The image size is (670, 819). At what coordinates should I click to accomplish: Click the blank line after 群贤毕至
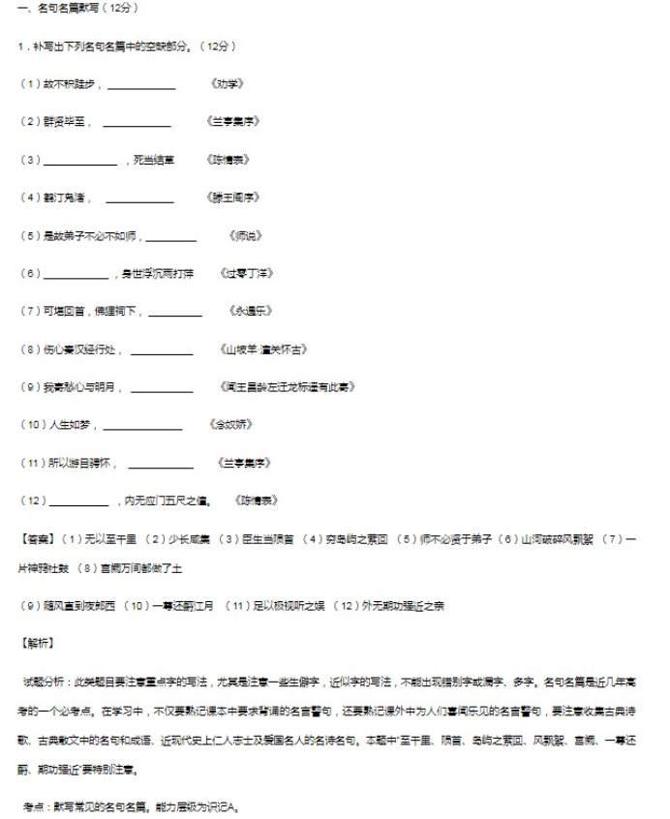point(137,124)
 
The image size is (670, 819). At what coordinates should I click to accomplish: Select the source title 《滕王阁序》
point(233,197)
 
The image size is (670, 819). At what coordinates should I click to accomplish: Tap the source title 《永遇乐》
point(247,311)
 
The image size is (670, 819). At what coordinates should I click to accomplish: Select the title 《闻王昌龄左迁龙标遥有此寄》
point(289,387)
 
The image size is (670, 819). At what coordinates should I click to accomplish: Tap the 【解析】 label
point(38,642)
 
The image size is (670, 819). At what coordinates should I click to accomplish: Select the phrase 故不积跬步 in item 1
point(71,84)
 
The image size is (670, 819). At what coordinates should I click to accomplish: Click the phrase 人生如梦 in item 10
point(73,424)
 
